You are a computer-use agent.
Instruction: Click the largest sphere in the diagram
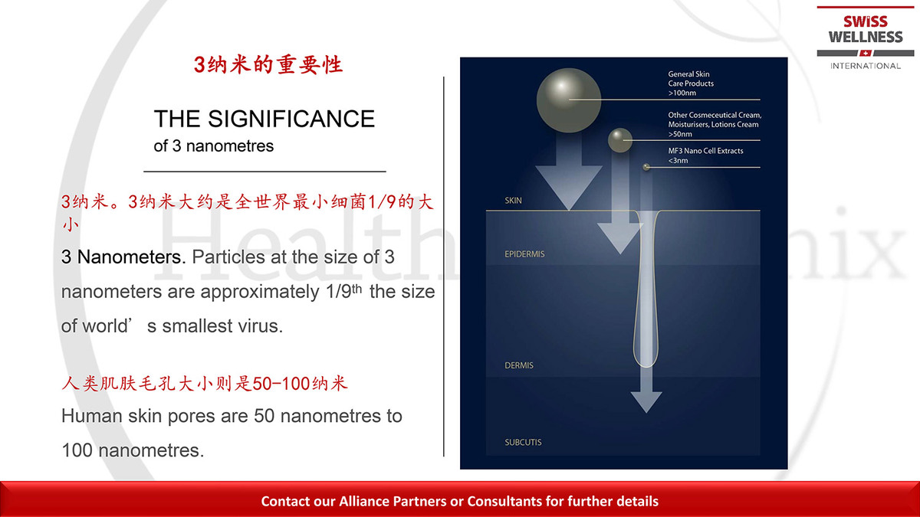[569, 100]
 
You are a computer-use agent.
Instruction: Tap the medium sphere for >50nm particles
[620, 140]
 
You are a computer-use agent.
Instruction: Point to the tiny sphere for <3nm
[646, 167]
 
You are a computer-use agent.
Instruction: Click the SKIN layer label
[514, 201]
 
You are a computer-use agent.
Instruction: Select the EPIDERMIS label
[524, 254]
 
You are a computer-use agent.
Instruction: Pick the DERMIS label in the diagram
[519, 365]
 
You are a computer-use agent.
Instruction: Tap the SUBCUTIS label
[523, 443]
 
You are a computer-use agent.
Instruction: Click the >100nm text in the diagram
[682, 93]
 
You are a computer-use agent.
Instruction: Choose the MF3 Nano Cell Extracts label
[705, 151]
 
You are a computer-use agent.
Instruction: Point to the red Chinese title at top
[268, 65]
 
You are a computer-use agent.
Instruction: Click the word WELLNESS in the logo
[866, 37]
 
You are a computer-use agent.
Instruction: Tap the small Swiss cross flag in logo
[866, 53]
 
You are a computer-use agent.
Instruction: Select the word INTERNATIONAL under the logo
[866, 66]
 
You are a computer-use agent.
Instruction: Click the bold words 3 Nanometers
[123, 257]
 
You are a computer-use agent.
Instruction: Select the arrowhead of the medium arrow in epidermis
[620, 239]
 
